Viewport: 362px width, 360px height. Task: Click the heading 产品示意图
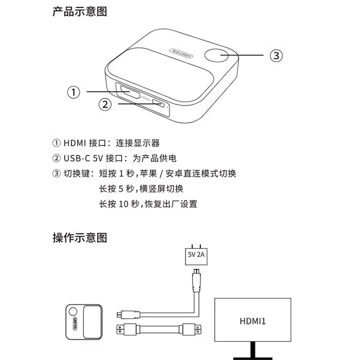[x=80, y=12]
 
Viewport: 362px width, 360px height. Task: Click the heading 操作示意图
[x=80, y=238]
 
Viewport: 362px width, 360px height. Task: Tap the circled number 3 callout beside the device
[x=276, y=56]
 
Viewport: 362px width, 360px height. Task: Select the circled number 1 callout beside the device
[x=74, y=92]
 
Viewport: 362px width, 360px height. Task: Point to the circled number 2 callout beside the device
[x=105, y=104]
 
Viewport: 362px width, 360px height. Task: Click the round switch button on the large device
[x=216, y=55]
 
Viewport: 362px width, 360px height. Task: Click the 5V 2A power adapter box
[x=196, y=256]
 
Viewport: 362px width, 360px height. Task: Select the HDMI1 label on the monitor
[x=252, y=321]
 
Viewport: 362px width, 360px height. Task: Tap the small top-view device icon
[x=84, y=322]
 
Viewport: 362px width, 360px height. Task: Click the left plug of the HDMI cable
[x=127, y=330]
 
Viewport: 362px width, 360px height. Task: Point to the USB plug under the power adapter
[x=196, y=279]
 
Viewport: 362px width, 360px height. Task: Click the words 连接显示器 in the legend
[x=138, y=143]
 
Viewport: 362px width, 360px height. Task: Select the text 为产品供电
[x=154, y=158]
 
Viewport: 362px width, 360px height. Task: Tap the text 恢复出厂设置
[x=171, y=204]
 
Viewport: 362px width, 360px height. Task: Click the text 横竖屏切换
[x=161, y=189]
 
